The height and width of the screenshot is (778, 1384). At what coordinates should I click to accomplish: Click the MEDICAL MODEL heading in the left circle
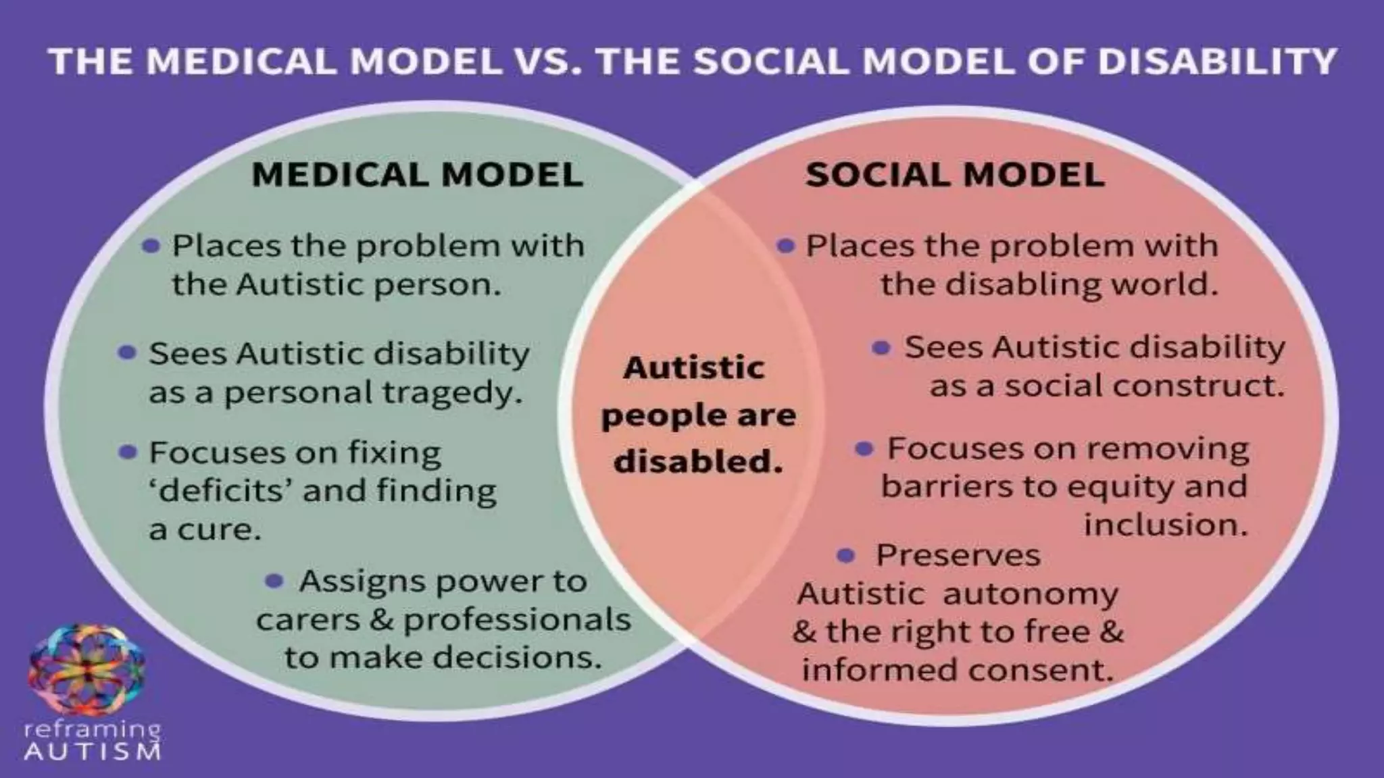point(417,174)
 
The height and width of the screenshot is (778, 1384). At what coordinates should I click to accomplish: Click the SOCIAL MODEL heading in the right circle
point(955,174)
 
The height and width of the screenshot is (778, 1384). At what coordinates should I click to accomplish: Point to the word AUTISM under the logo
point(93,752)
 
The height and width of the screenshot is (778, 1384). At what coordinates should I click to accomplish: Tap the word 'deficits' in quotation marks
point(220,491)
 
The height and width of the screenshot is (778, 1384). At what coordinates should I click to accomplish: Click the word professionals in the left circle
point(517,620)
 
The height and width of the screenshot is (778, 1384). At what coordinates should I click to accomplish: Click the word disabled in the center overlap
point(698,462)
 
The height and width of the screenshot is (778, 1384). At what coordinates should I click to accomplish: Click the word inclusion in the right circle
point(1166,525)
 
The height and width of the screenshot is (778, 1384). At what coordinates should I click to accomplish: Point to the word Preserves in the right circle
point(958,556)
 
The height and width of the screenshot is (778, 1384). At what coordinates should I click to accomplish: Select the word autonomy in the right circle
point(1031,594)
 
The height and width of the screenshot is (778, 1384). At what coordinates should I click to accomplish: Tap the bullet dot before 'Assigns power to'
point(274,581)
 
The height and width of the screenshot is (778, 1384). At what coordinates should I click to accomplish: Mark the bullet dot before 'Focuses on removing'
point(864,448)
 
